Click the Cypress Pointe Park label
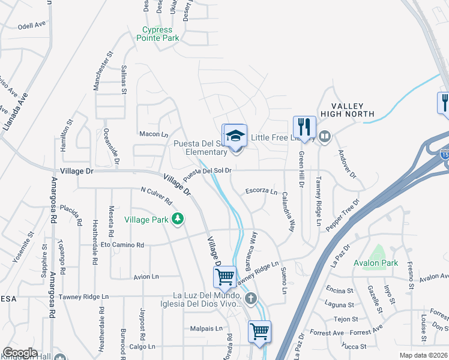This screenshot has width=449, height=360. click(161, 34)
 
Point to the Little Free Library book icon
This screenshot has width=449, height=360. click(325, 137)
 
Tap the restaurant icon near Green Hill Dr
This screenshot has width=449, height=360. click(304, 127)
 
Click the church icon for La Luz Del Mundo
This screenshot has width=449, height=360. click(250, 298)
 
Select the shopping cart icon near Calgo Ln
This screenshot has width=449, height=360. click(259, 331)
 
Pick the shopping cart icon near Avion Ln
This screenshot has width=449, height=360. click(224, 277)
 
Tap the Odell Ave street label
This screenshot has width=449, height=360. click(32, 26)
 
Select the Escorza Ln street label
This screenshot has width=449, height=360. click(261, 192)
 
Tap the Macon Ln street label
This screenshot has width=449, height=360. click(153, 134)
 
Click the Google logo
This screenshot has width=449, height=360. click(20, 353)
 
